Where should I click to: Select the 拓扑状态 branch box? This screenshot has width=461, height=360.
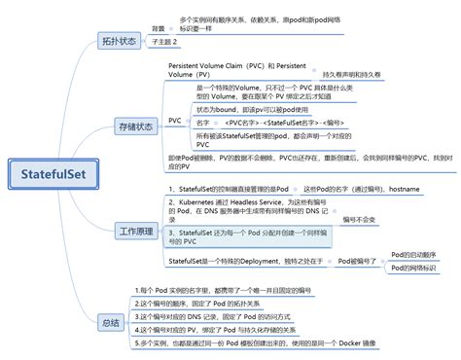120,41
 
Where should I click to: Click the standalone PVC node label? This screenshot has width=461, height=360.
174,121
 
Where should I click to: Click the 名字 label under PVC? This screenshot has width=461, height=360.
202,124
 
